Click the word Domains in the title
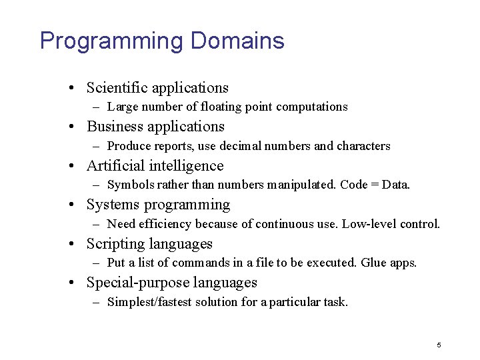237,41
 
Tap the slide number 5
439,345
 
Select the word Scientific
117,88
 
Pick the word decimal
252,146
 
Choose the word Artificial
115,166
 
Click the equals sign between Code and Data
377,185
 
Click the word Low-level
369,224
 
